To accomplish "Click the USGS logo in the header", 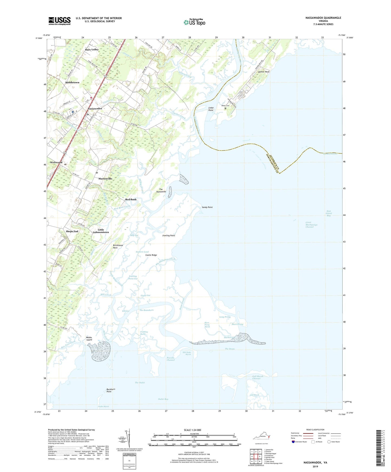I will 60,21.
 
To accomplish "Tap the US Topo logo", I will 194,22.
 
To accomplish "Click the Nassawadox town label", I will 95,108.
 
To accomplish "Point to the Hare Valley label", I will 92,50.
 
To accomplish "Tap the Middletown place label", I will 72,82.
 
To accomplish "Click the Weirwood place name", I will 56,162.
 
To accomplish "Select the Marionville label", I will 105,179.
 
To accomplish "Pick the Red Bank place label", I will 131,199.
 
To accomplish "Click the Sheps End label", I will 72,231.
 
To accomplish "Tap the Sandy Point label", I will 207,207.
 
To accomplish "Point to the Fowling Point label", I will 169,235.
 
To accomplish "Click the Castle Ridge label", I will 151,255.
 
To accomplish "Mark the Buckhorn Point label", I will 111,390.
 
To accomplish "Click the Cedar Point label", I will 211,109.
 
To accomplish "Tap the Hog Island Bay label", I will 328,213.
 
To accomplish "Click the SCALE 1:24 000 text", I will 192,430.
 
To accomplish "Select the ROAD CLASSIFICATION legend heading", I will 315,430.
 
